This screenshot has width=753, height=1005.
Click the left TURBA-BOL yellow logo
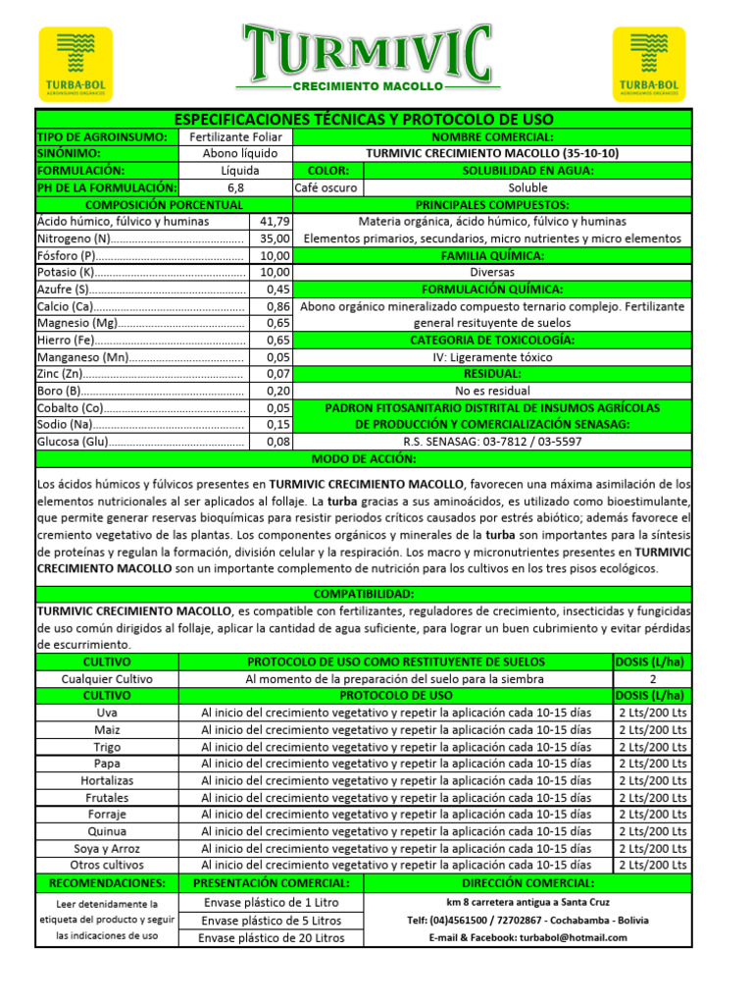(75, 65)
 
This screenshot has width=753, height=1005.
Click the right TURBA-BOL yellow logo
(649, 65)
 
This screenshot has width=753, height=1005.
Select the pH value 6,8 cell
(235, 187)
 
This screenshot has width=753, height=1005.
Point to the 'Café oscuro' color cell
(327, 187)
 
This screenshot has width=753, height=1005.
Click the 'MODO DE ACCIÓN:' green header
(364, 459)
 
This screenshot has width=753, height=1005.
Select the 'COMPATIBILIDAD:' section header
(364, 595)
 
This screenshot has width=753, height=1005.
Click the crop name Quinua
(107, 831)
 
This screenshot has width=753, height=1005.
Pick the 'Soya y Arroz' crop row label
(107, 848)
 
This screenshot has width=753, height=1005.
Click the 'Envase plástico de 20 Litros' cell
(272, 938)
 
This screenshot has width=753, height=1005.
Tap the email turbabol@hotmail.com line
(527, 938)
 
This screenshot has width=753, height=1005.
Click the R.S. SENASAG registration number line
(493, 442)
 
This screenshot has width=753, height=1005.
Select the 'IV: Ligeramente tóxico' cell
(493, 357)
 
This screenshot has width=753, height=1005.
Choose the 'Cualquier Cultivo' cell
(107, 679)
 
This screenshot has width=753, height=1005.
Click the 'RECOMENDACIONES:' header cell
(107, 882)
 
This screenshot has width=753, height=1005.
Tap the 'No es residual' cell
(493, 391)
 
